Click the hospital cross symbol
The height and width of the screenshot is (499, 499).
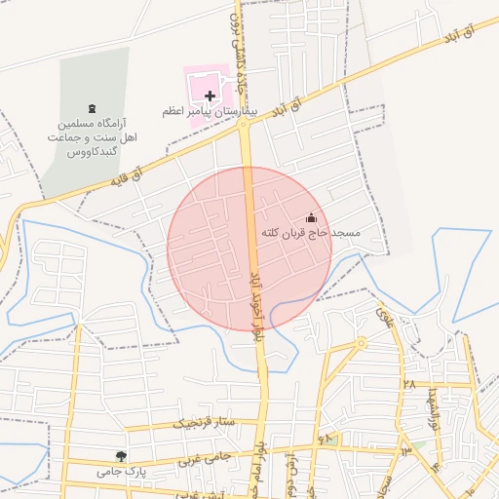pos(210,96)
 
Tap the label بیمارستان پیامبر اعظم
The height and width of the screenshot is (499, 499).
pos(209,113)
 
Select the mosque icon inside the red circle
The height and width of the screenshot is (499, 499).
pos(311,218)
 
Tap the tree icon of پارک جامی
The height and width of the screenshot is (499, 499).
pos(120,455)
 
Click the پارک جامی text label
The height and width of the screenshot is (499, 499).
pos(120,471)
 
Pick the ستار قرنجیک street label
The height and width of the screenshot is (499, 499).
pos(205,423)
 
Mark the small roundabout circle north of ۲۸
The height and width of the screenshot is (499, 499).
pos(361,343)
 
